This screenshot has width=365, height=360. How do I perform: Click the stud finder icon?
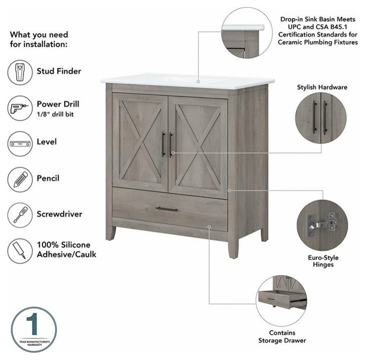[x=20, y=72]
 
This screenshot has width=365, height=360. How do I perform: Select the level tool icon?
[x=20, y=144]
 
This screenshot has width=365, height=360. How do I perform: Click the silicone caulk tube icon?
[x=20, y=251]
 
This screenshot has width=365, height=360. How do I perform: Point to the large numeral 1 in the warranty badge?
[x=32, y=324]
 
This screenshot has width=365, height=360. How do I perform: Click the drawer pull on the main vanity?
[x=167, y=209]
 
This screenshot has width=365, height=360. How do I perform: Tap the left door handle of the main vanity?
[x=163, y=144]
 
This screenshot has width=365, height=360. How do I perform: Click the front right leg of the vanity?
[x=233, y=250]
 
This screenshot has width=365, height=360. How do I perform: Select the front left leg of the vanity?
[x=110, y=233]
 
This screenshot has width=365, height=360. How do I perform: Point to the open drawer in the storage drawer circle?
[x=282, y=299]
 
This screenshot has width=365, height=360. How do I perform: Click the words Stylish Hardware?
[x=322, y=87]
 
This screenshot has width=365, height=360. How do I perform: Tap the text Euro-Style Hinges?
[x=323, y=261]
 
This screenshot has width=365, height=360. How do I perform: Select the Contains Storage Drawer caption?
[x=282, y=337]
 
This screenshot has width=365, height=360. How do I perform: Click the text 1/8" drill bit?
[x=55, y=114]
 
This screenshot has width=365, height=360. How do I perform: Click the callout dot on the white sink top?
[x=198, y=81]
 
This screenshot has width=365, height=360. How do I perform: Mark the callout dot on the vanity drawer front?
[x=209, y=227]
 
